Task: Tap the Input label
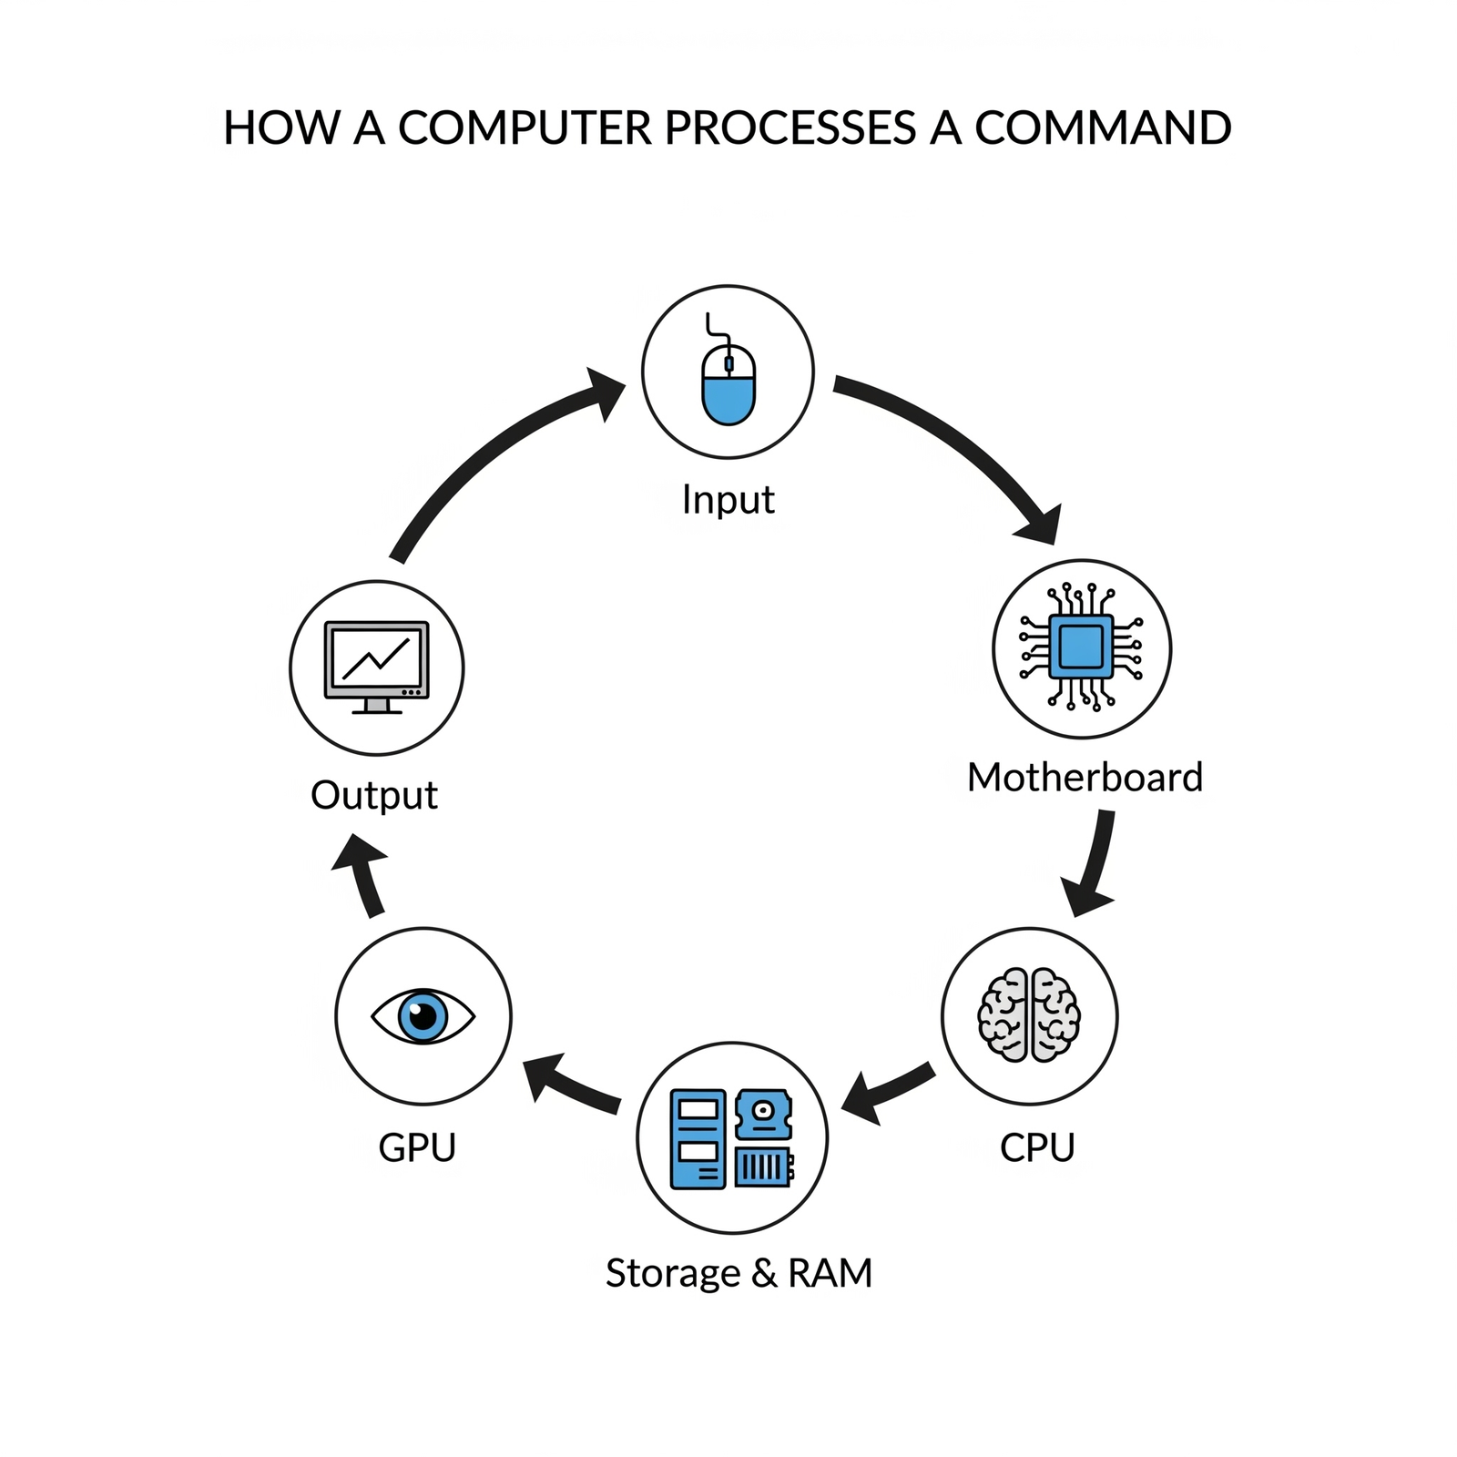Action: [x=728, y=500]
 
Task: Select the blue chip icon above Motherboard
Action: [x=1081, y=647]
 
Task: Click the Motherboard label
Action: [x=1085, y=778]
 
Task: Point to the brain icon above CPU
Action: [x=1029, y=1015]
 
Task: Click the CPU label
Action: [x=1036, y=1146]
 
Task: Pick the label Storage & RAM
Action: [x=739, y=1272]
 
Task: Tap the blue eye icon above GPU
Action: [x=423, y=1015]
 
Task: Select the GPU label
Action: [x=417, y=1146]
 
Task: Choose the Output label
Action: [x=374, y=795]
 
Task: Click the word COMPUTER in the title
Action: [x=525, y=127]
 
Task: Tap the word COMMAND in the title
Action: [x=1103, y=127]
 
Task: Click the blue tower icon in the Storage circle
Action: [x=698, y=1139]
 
